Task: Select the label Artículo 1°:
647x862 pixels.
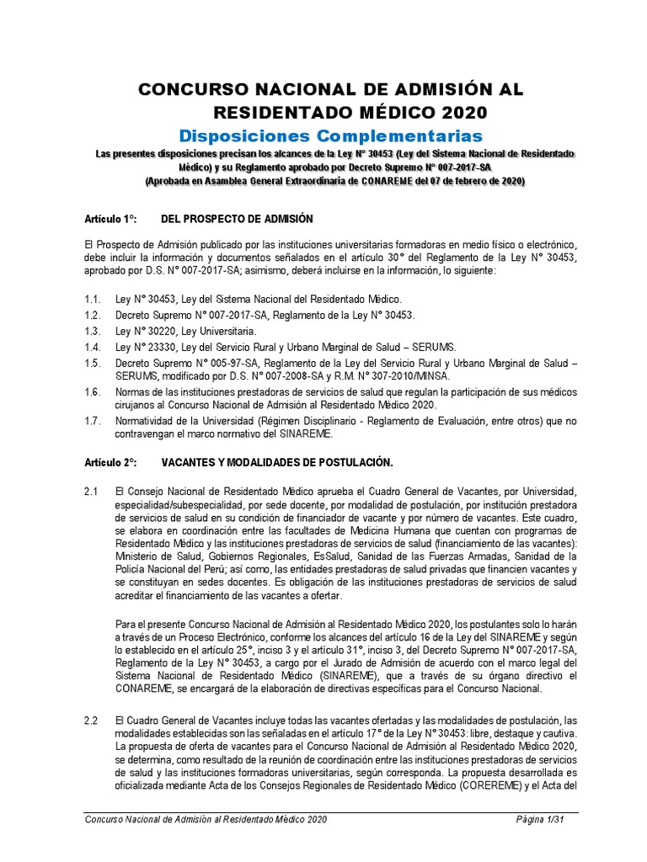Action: pyautogui.click(x=110, y=220)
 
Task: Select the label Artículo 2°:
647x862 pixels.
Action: pyautogui.click(x=110, y=462)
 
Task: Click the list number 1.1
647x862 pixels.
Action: pyautogui.click(x=93, y=300)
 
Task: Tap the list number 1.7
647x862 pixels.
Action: pyautogui.click(x=93, y=420)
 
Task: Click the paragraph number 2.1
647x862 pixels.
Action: pyautogui.click(x=92, y=491)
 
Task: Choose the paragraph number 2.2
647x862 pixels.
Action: pyautogui.click(x=92, y=721)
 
